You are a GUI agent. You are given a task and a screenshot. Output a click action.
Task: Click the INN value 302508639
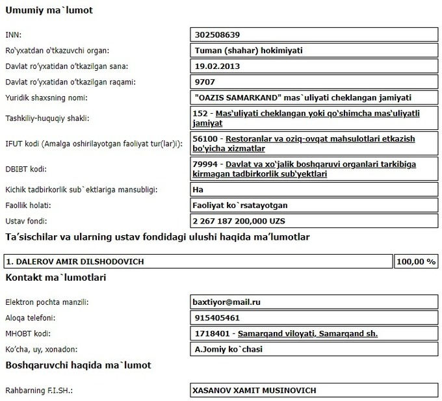222,34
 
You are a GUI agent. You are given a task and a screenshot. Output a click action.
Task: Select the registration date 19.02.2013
218,66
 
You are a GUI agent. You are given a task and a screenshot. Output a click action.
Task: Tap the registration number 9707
205,83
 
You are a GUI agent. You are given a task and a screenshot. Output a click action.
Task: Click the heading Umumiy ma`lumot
49,10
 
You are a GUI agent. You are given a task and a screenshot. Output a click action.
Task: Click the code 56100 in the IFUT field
204,139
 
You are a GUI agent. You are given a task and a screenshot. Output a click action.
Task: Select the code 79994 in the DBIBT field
204,164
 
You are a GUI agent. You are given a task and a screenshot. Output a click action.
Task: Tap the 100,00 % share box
416,262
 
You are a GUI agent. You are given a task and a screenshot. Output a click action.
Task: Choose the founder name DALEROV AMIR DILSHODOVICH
75,262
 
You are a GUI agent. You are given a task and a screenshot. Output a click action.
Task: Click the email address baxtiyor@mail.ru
227,302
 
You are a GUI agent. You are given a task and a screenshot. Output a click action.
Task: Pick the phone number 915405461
217,318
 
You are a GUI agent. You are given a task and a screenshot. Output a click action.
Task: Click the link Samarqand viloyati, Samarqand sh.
307,334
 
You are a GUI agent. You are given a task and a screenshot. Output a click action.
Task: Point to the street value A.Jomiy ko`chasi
229,350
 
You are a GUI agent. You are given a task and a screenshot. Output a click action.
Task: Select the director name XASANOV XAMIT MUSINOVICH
254,391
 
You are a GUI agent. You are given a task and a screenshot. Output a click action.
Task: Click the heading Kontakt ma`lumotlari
56,278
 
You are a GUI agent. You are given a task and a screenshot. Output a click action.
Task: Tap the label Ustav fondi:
27,221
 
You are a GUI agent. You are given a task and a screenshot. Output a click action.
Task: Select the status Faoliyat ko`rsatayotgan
240,205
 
